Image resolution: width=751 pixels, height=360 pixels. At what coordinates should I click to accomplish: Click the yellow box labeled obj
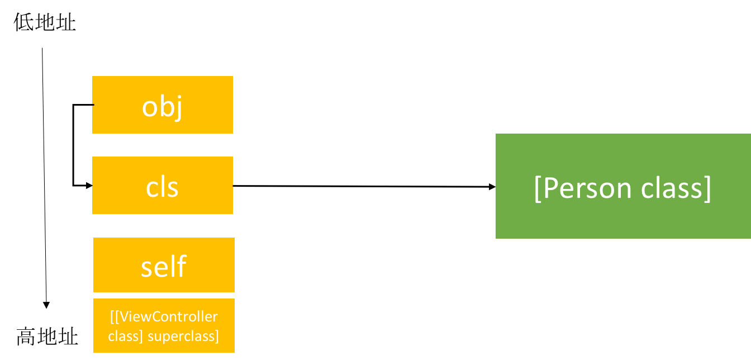[x=162, y=105]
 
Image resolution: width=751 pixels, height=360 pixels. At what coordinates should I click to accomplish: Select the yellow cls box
[x=162, y=185]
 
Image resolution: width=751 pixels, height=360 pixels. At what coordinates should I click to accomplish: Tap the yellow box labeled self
[x=164, y=264]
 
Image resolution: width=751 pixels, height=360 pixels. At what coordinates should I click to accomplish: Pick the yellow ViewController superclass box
[x=164, y=325]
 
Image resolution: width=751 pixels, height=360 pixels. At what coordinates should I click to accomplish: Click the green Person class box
[x=622, y=186]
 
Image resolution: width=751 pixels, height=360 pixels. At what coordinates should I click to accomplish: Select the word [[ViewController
[x=164, y=317]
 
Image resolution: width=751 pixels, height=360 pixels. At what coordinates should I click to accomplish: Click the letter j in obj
[x=178, y=108]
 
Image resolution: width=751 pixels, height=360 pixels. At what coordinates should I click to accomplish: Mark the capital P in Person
[x=551, y=188]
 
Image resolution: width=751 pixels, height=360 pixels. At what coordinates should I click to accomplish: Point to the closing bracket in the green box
[x=707, y=189]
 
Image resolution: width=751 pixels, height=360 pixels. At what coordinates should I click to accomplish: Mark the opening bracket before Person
[x=538, y=189]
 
